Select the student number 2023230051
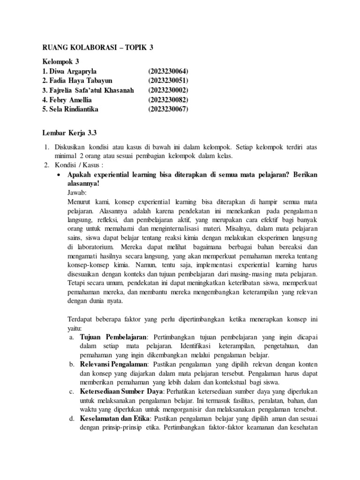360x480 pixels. [168, 81]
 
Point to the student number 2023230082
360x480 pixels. [168, 100]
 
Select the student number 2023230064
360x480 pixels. [168, 72]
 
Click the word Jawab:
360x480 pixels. [78, 192]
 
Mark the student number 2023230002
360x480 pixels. [168, 90]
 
